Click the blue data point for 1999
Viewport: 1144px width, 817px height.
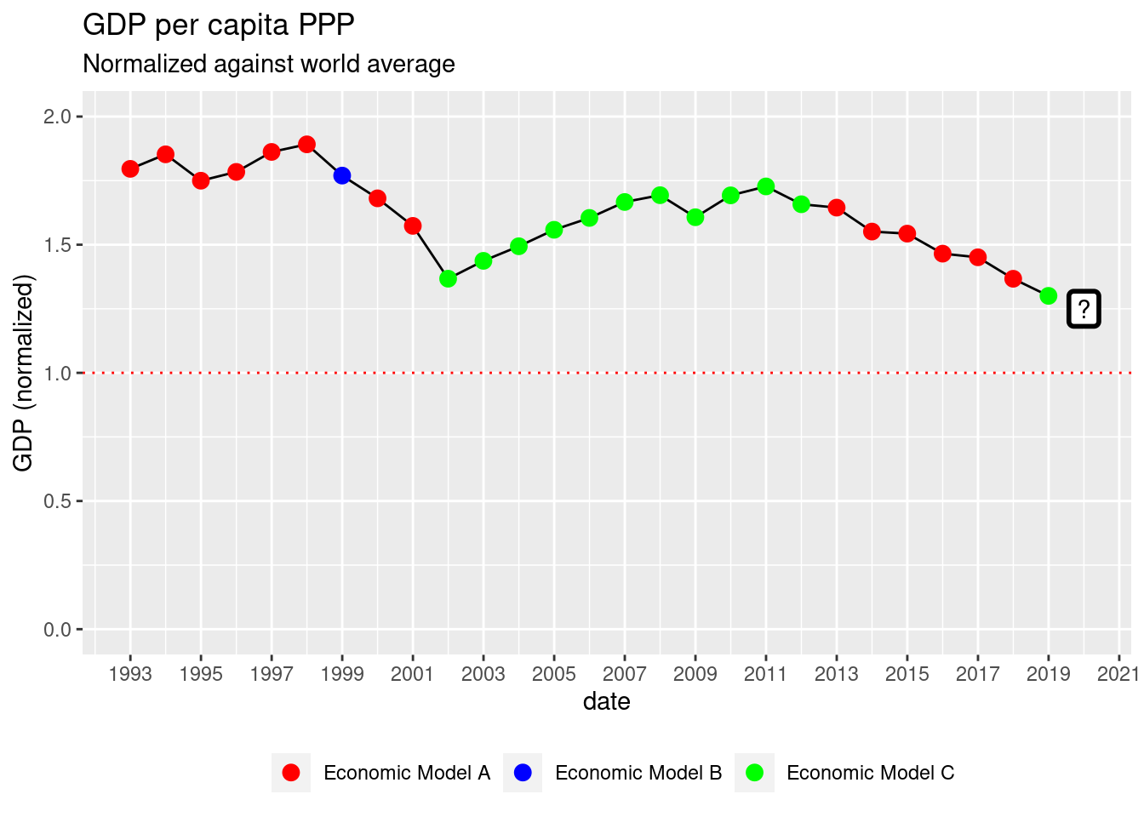point(342,175)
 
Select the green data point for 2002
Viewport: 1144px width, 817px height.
point(449,278)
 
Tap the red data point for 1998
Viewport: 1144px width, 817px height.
point(307,144)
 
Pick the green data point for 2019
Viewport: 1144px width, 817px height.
point(1049,295)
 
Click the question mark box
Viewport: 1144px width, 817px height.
point(1084,309)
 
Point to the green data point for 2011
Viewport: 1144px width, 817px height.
point(766,186)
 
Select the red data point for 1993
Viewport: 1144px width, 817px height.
point(130,169)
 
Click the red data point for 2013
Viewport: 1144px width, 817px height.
point(837,208)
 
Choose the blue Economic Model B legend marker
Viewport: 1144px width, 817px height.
point(523,773)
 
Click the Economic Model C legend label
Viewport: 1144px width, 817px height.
point(870,773)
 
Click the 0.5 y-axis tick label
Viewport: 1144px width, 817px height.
point(57,501)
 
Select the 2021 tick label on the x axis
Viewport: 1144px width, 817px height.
point(1118,674)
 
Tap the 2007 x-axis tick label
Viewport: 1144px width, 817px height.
point(624,674)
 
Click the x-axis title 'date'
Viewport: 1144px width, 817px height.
point(607,701)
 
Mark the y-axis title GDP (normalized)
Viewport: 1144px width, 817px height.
point(23,373)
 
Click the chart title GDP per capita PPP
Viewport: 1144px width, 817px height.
point(219,26)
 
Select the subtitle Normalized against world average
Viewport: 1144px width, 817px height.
point(269,64)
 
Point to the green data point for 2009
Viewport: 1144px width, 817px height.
point(695,217)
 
